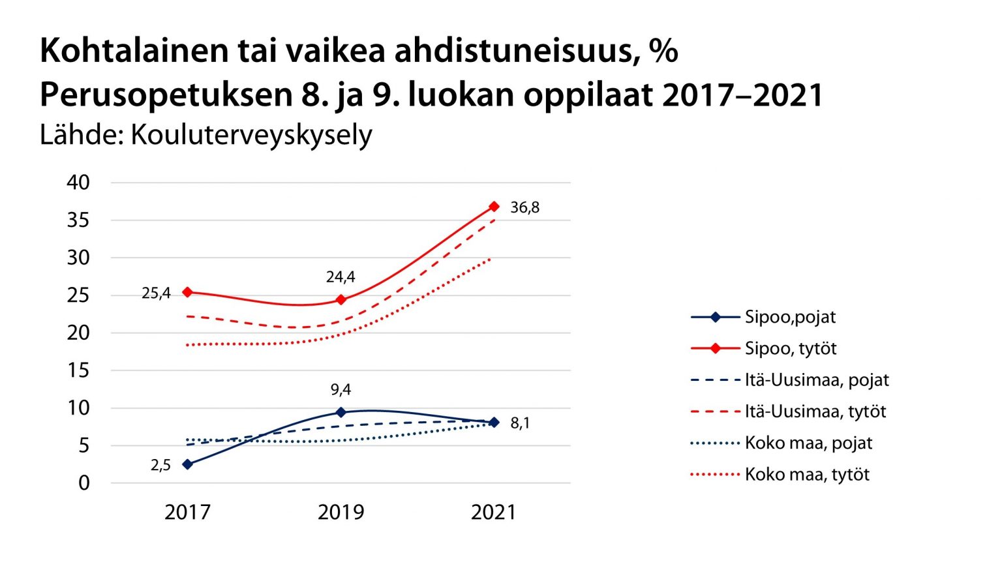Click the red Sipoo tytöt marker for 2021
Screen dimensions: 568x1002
pyautogui.click(x=494, y=207)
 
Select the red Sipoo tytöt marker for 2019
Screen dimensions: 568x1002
pyautogui.click(x=341, y=300)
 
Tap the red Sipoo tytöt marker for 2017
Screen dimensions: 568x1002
pyautogui.click(x=187, y=292)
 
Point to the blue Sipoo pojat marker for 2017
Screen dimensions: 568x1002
pyautogui.click(x=187, y=464)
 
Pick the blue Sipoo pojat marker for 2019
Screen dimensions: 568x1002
pyautogui.click(x=341, y=412)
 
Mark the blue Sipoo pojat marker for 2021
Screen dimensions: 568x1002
pyautogui.click(x=494, y=423)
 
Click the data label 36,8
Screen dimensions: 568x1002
pyautogui.click(x=524, y=207)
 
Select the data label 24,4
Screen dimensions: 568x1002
pyautogui.click(x=341, y=277)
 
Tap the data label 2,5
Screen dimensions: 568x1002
pyautogui.click(x=160, y=465)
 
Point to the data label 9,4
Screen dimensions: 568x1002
pyautogui.click(x=341, y=390)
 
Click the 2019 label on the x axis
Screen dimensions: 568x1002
pyautogui.click(x=341, y=513)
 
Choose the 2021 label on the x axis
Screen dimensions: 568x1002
pyautogui.click(x=494, y=513)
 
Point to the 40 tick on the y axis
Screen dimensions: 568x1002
pyautogui.click(x=78, y=183)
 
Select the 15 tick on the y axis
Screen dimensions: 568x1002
pyautogui.click(x=78, y=370)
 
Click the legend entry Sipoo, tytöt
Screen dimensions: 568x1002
pyautogui.click(x=790, y=348)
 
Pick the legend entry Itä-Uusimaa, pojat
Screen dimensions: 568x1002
pyautogui.click(x=816, y=380)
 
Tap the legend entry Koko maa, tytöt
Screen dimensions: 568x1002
pyautogui.click(x=807, y=474)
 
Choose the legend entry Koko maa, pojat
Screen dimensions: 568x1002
pyautogui.click(x=808, y=443)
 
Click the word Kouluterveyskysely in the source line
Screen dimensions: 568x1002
pyautogui.click(x=251, y=135)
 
